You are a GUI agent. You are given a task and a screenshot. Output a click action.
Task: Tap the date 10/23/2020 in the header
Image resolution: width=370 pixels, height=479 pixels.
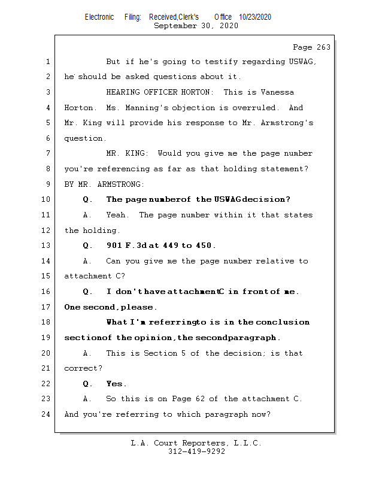click(254, 17)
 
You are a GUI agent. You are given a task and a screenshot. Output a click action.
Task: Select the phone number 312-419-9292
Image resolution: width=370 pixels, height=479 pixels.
click(196, 451)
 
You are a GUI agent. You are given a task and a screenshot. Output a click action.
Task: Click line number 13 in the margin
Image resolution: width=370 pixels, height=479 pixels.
click(47, 245)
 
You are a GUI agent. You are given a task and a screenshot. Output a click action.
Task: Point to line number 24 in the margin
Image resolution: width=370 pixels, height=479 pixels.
click(47, 414)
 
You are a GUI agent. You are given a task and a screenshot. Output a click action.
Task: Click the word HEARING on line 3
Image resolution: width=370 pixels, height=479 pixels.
click(122, 92)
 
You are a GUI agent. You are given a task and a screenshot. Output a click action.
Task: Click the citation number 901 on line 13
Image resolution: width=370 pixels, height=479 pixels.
click(115, 245)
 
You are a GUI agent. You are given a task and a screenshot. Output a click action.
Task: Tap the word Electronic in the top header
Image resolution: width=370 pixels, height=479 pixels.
click(99, 17)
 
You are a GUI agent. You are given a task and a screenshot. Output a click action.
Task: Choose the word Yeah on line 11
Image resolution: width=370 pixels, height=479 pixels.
click(117, 215)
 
